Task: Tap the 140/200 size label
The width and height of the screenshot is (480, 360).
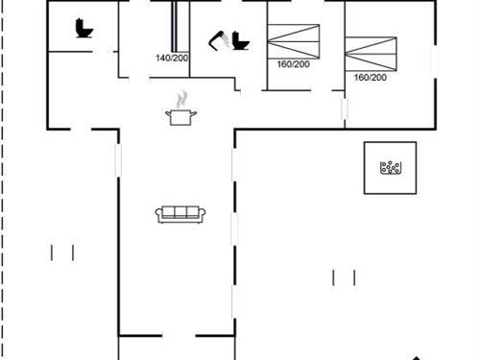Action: pyautogui.click(x=172, y=59)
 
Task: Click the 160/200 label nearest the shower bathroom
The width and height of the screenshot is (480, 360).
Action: pyautogui.click(x=293, y=65)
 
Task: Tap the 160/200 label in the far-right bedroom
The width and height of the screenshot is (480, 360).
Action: pyautogui.click(x=370, y=78)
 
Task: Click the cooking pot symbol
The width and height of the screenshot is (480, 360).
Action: pyautogui.click(x=180, y=115)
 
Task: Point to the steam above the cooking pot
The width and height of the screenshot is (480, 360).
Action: pyautogui.click(x=180, y=98)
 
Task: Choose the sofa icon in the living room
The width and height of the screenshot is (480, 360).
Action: pyautogui.click(x=180, y=214)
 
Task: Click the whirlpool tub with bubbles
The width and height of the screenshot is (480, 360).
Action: pyautogui.click(x=390, y=168)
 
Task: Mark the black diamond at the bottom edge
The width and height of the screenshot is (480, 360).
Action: pyautogui.click(x=418, y=356)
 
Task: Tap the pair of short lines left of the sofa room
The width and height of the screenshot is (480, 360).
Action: pyautogui.click(x=62, y=252)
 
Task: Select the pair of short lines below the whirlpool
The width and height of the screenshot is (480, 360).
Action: pyautogui.click(x=344, y=277)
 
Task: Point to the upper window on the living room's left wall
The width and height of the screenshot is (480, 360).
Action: pyautogui.click(x=119, y=159)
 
